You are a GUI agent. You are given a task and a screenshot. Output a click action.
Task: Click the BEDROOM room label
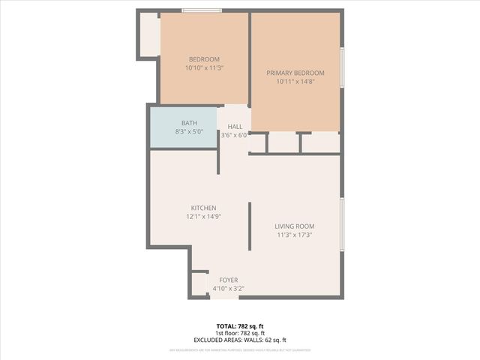pyautogui.click(x=204, y=59)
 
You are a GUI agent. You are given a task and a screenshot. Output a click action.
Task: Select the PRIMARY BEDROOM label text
pyautogui.click(x=295, y=73)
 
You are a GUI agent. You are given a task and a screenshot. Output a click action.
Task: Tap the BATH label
pyautogui.click(x=189, y=123)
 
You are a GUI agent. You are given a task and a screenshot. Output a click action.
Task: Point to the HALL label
pyautogui.click(x=235, y=127)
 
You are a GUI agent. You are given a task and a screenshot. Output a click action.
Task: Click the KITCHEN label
pyautogui.click(x=203, y=208)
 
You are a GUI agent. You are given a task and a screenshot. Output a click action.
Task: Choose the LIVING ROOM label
pyautogui.click(x=294, y=226)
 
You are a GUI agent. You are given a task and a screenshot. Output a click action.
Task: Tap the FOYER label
pyautogui.click(x=228, y=280)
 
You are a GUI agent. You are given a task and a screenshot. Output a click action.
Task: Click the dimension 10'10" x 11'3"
pyautogui.click(x=204, y=67)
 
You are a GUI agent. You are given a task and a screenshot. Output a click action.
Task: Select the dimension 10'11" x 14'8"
pyautogui.click(x=295, y=81)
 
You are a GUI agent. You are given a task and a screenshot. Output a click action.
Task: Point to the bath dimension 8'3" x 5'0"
pyautogui.click(x=189, y=131)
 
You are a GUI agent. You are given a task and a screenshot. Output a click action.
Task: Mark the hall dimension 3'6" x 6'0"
pyautogui.click(x=234, y=135)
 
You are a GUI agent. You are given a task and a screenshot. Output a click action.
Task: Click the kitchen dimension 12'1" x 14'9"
pyautogui.click(x=203, y=216)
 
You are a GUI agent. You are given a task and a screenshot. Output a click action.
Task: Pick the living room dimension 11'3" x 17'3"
pyautogui.click(x=294, y=234)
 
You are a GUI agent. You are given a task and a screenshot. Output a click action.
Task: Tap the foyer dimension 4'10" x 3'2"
pyautogui.click(x=228, y=288)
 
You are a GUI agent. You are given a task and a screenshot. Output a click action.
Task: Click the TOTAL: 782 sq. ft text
pyautogui.click(x=240, y=326)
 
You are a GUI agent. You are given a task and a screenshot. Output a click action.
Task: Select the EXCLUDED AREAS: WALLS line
pyautogui.click(x=240, y=340)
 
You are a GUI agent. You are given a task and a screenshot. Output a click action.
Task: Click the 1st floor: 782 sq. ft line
pyautogui.click(x=240, y=333)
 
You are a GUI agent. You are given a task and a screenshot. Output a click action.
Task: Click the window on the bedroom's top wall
pyautogui.click(x=202, y=10)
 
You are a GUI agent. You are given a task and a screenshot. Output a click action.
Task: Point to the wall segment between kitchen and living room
pyautogui.click(x=250, y=226)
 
